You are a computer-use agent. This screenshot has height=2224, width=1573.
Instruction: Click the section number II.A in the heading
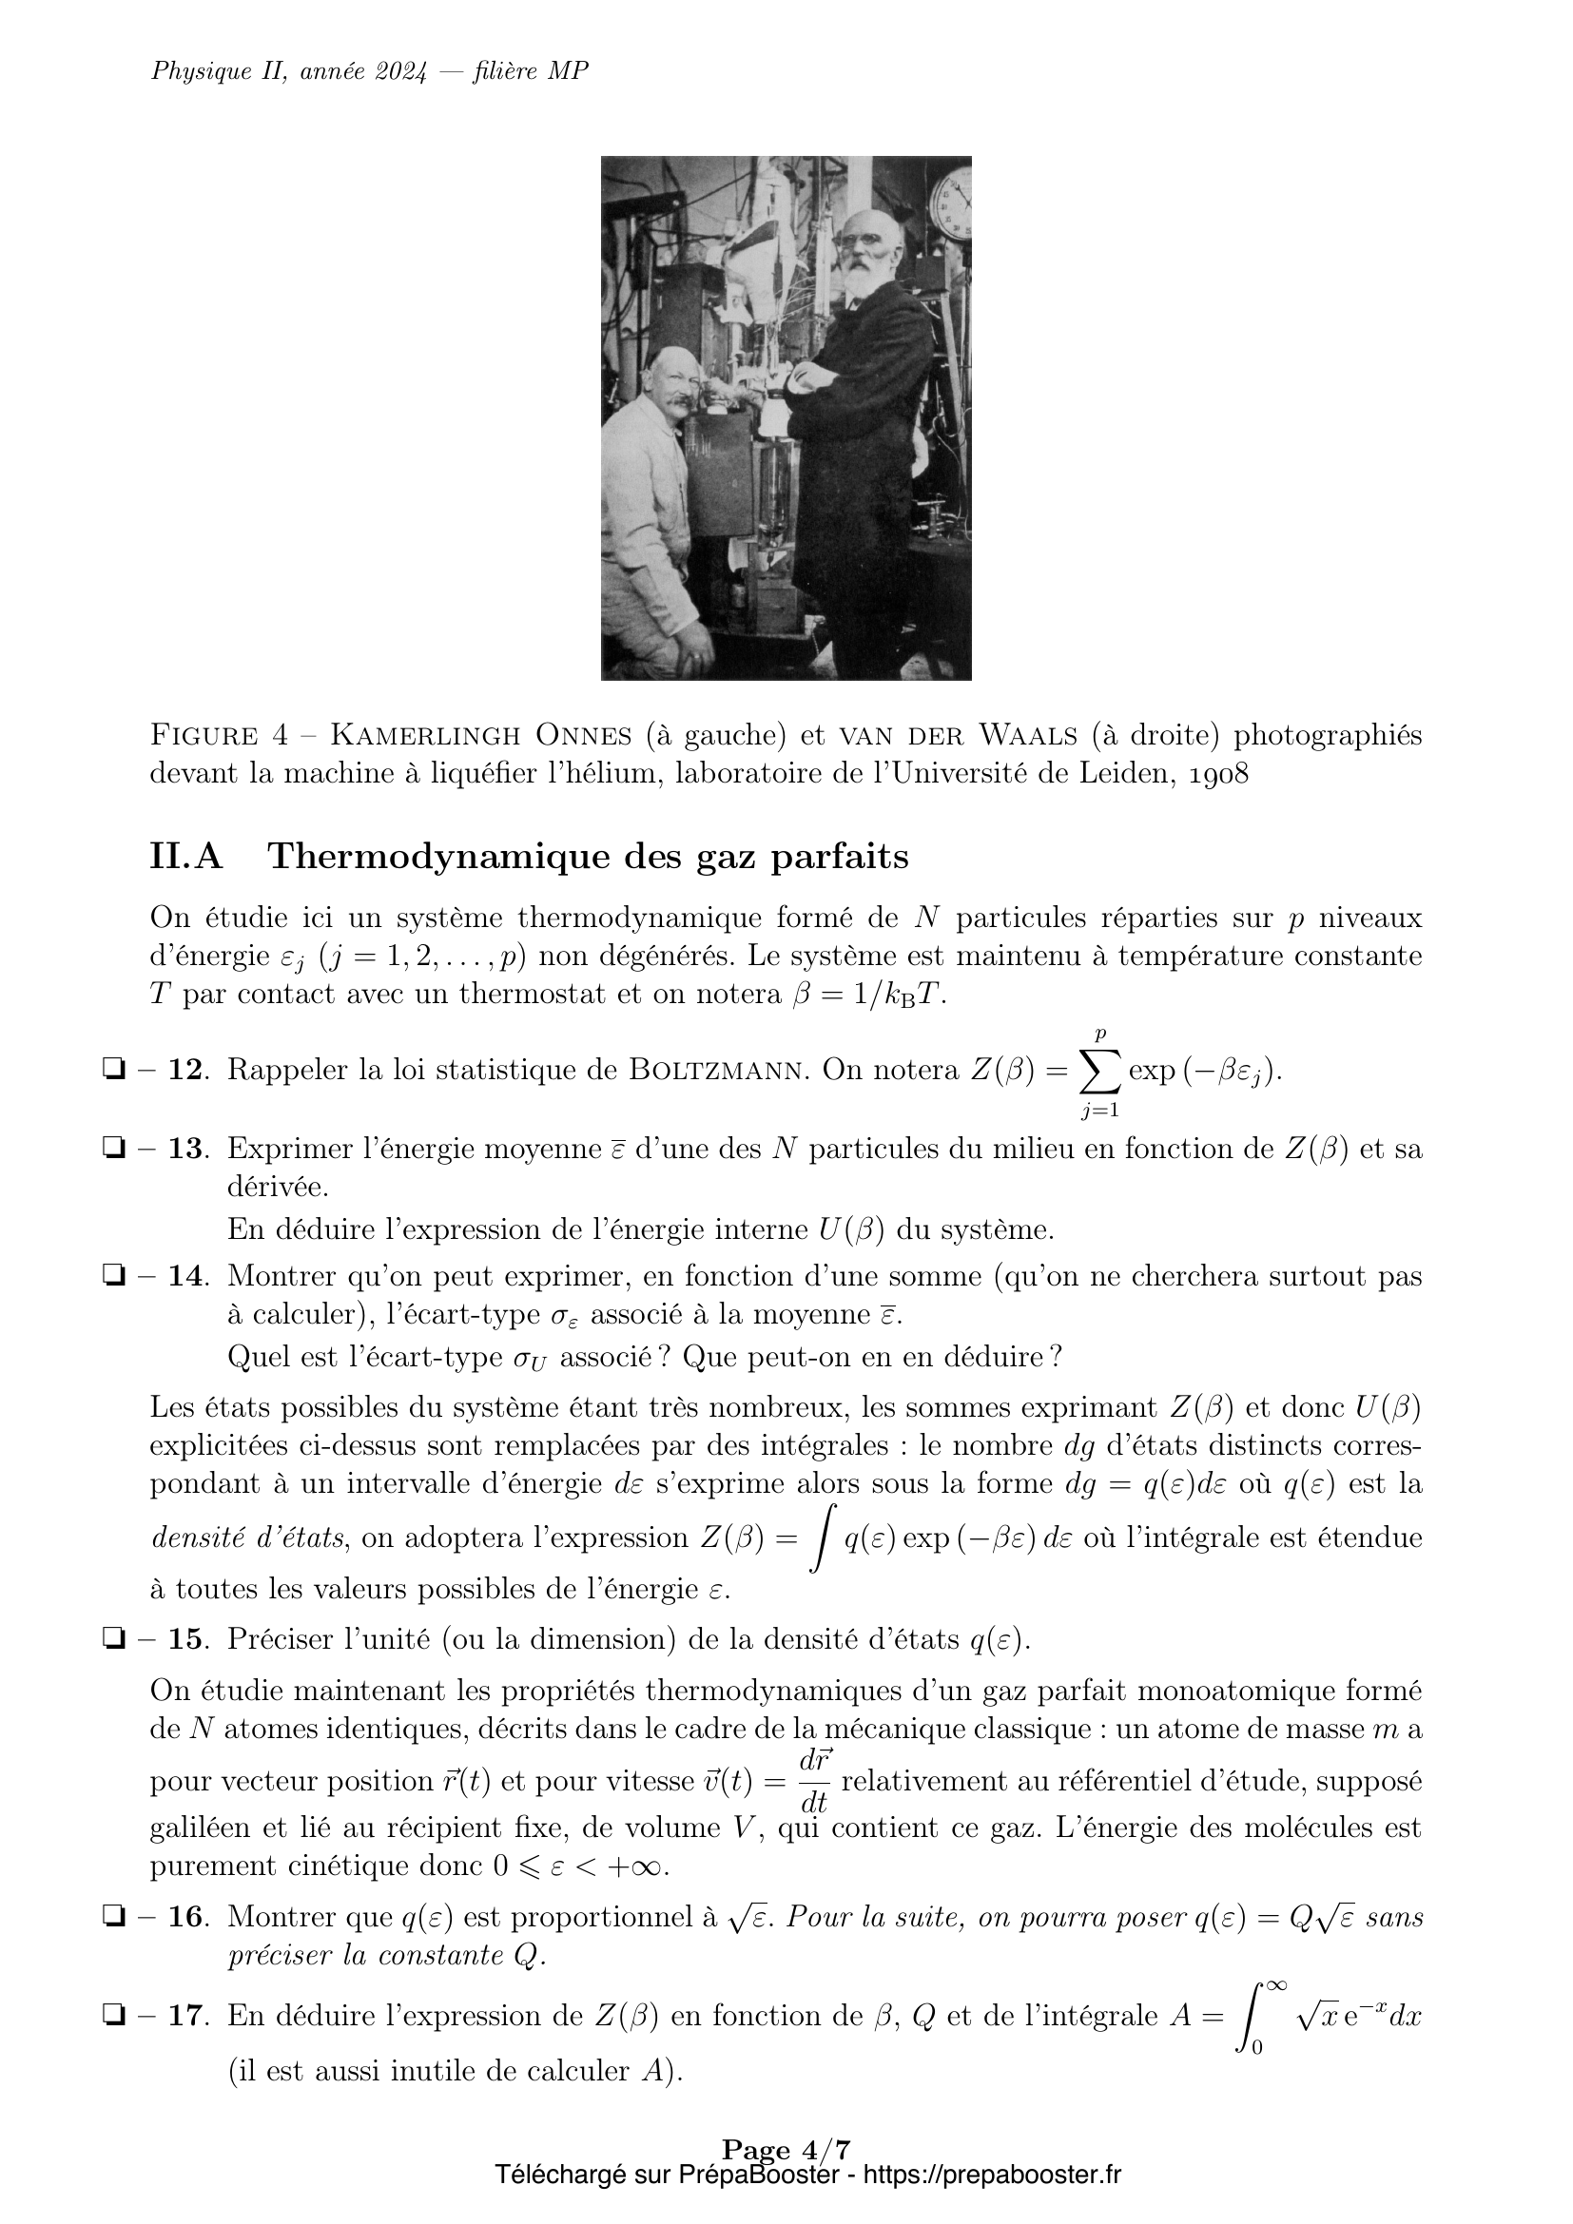[187, 858]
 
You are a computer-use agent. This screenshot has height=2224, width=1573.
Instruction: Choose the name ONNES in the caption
[583, 736]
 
